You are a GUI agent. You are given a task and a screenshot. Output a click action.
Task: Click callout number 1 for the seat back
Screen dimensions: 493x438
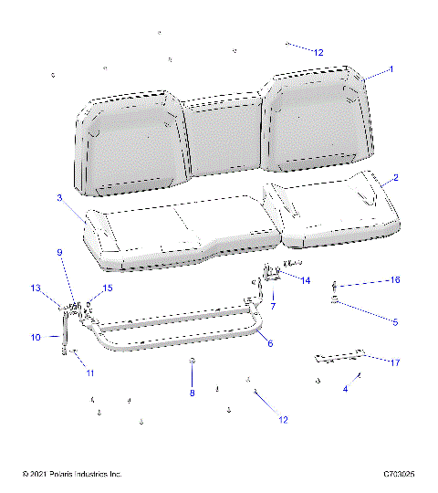pos(391,69)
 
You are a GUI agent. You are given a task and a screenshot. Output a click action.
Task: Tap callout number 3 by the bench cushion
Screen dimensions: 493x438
pos(58,197)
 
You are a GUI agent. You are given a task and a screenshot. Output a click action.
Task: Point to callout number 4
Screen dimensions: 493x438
pos(345,389)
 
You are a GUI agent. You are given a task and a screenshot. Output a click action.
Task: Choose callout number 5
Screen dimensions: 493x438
pos(395,322)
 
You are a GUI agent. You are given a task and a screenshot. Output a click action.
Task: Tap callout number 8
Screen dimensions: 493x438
pos(192,393)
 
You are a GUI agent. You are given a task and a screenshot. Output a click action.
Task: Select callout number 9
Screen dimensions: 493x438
pos(60,252)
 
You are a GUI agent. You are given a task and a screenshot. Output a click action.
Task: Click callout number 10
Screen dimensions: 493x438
pos(36,338)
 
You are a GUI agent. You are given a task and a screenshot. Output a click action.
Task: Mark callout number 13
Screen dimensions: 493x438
pos(36,288)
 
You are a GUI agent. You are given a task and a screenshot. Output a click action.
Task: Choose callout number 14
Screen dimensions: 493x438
pos(306,279)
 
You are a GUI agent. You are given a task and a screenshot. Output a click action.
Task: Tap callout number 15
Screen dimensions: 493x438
pos(108,288)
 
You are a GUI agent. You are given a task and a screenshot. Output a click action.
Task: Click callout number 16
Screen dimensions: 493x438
pos(395,279)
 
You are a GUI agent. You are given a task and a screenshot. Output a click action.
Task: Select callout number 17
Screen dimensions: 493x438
pos(395,362)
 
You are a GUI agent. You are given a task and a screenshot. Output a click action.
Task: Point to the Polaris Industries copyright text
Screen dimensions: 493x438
pos(72,475)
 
